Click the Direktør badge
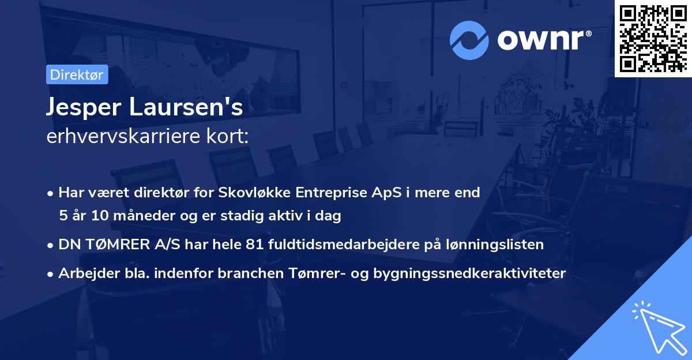coord(77,74)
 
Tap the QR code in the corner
coord(653,38)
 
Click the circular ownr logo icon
coord(469,40)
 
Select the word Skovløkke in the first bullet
coord(253,192)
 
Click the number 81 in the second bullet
coord(254,245)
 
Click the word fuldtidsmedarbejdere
coord(340,245)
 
